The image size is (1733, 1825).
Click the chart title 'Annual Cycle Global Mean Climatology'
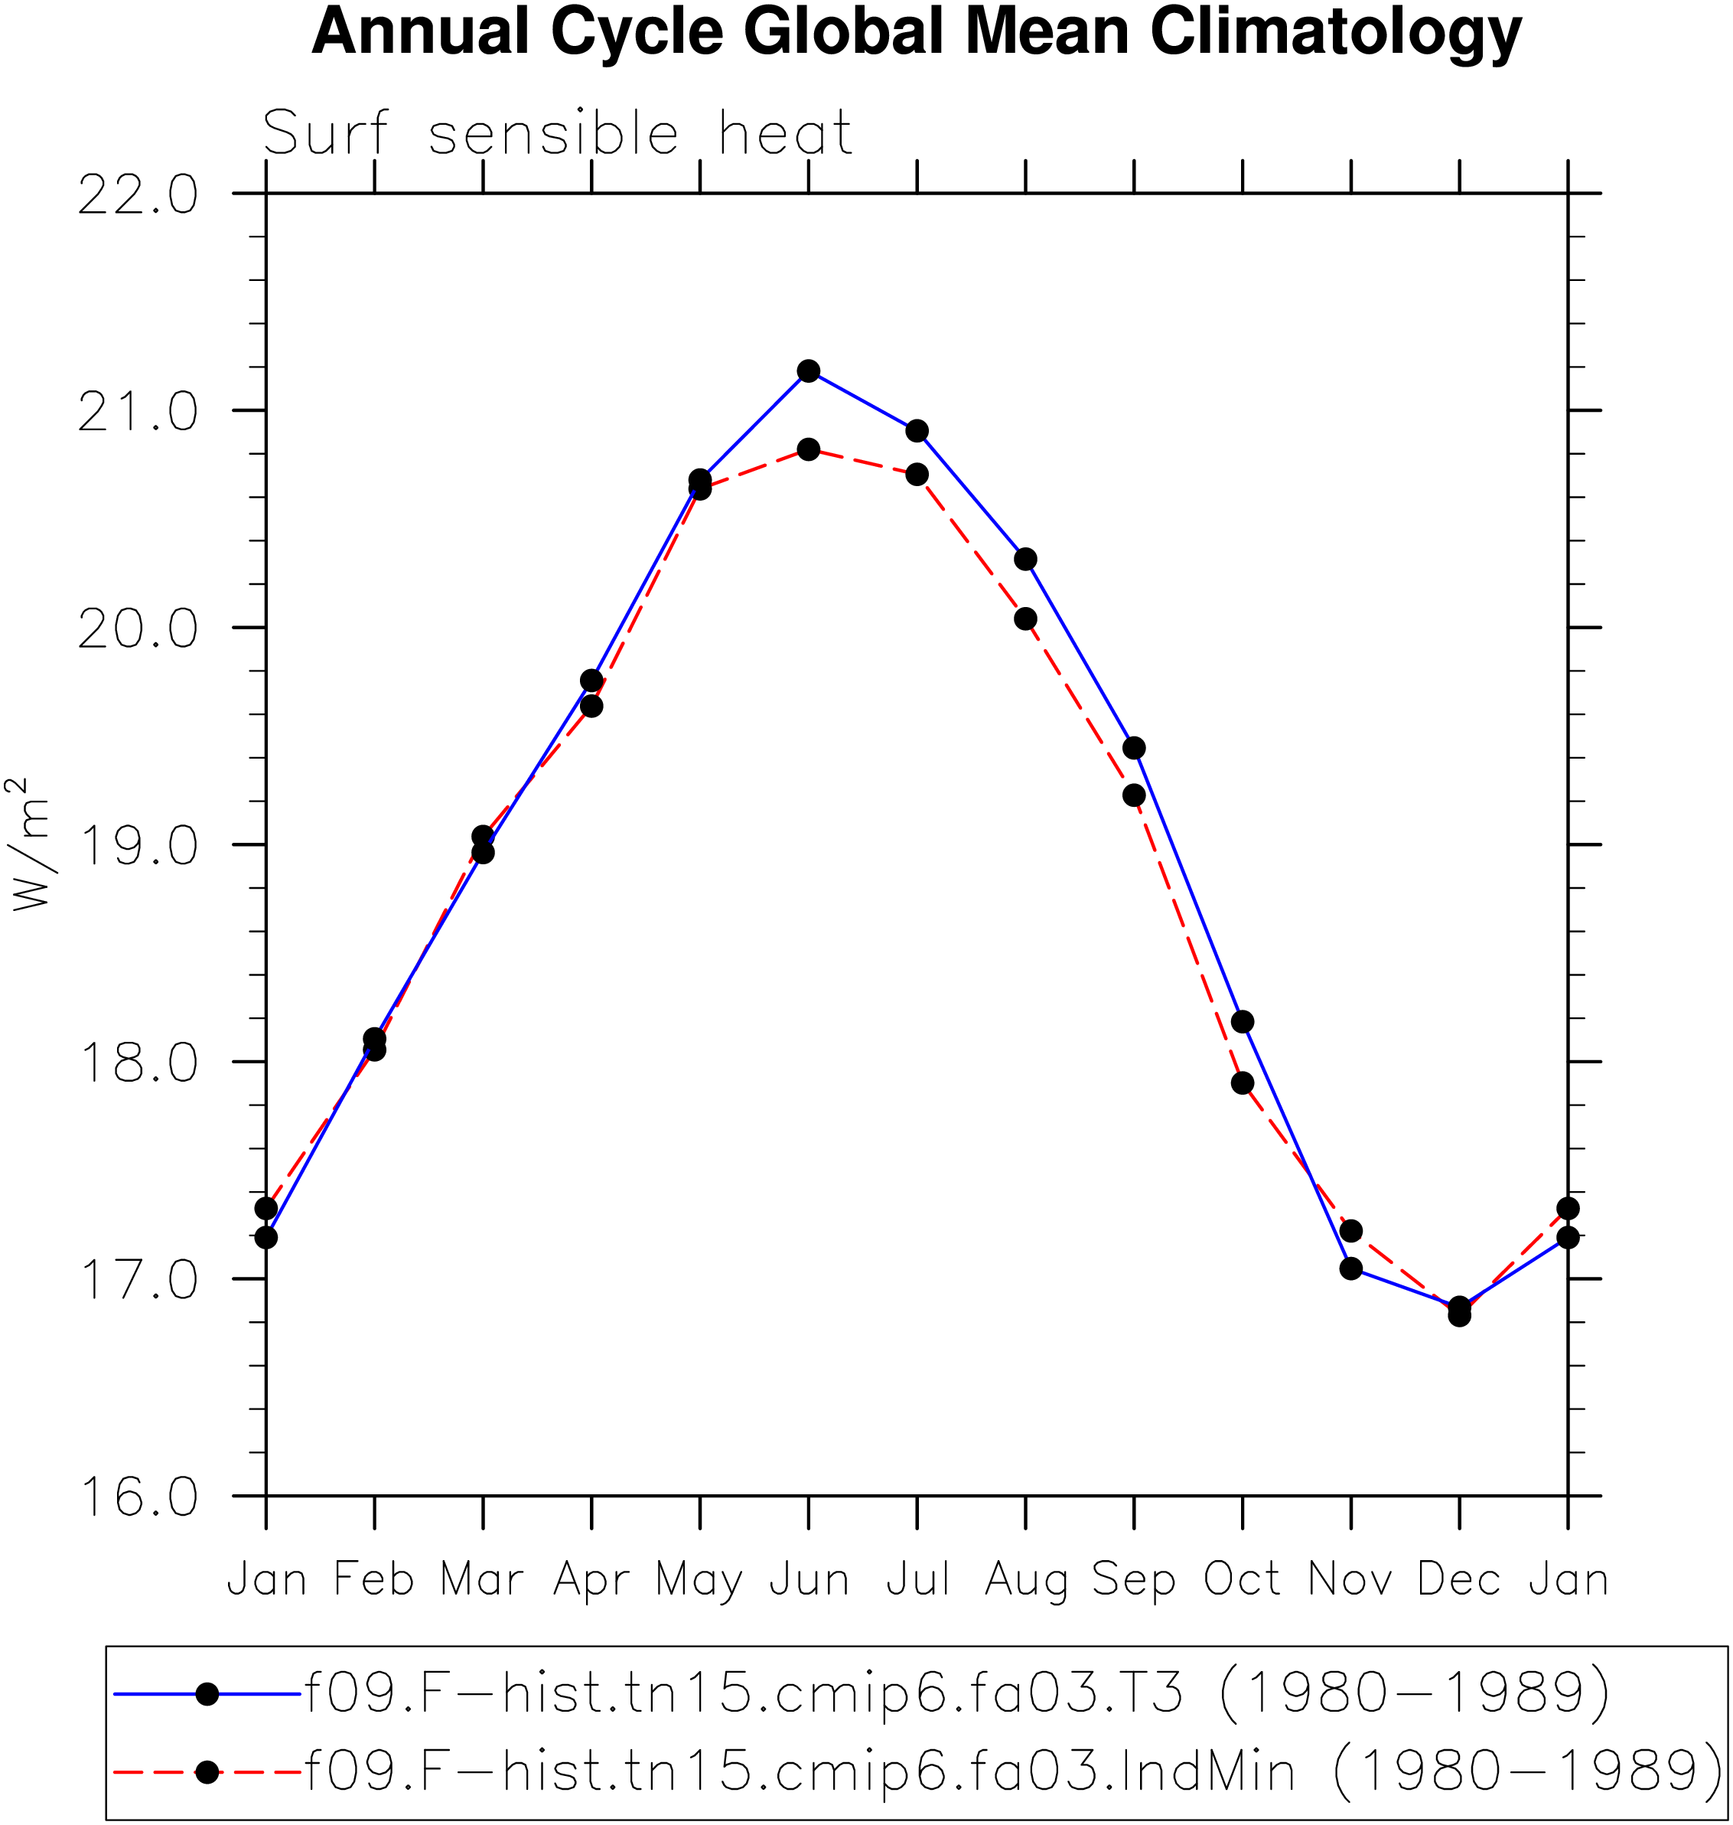(917, 33)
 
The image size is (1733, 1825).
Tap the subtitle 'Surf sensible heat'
(557, 133)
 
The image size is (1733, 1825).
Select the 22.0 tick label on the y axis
(138, 195)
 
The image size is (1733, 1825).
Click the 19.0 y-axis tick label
(138, 845)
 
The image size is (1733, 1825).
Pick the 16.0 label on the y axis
(138, 1496)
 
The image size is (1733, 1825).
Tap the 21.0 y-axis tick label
(138, 412)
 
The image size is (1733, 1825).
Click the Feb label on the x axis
(374, 1579)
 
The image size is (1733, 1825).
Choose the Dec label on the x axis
(1460, 1579)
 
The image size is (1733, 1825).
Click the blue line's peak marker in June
(808, 371)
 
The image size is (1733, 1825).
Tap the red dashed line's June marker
(808, 450)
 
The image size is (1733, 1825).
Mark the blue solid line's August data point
(1025, 559)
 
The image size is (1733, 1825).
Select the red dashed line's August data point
(1025, 619)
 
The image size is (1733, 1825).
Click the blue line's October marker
(1243, 1022)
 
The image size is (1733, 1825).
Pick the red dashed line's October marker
(1243, 1083)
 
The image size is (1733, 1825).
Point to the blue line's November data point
(1350, 1268)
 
